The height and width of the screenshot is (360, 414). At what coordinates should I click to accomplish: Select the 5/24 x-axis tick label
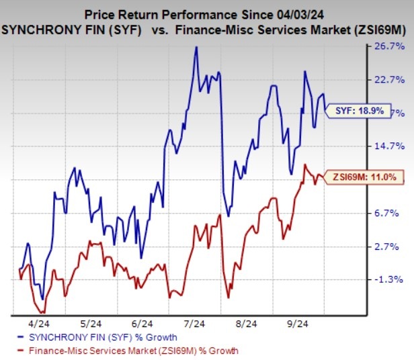93,324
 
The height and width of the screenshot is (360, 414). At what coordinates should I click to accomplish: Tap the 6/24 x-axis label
142,324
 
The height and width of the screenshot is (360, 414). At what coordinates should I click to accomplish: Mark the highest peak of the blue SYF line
196,47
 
